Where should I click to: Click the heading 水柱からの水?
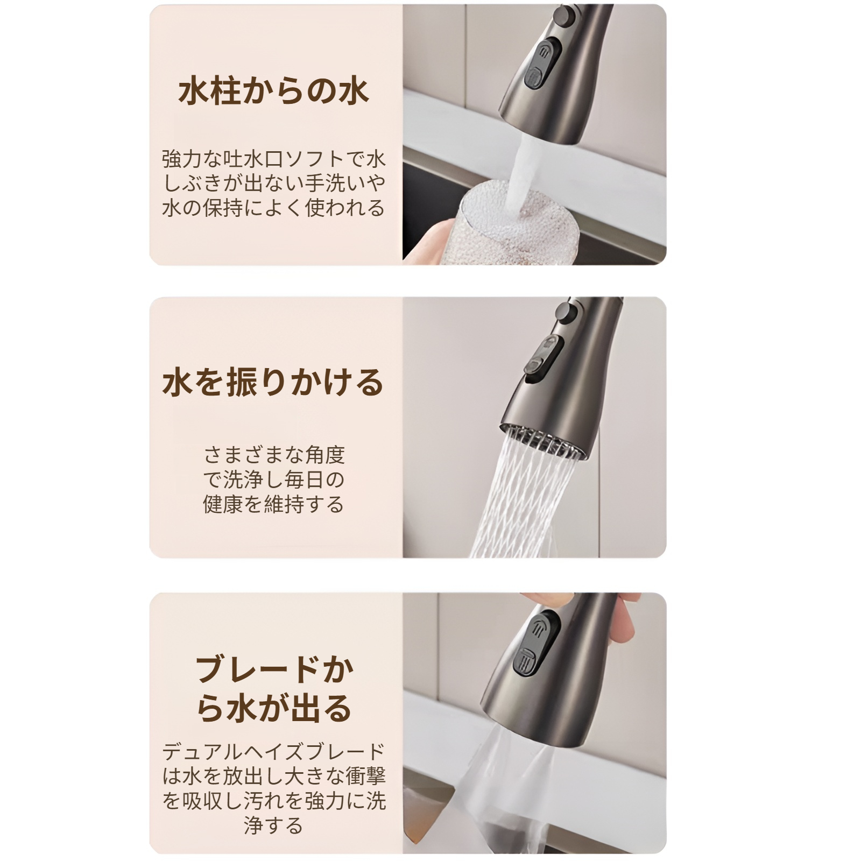pos(273,92)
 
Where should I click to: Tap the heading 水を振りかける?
pos(273,383)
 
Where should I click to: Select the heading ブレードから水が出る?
pos(273,689)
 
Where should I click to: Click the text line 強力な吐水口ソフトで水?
pos(273,159)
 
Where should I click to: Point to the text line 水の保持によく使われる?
pos(273,208)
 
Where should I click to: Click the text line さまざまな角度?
pos(273,455)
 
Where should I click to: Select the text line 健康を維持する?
pos(273,504)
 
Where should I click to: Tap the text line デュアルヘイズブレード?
pos(273,751)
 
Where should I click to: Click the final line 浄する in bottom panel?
pos(273,825)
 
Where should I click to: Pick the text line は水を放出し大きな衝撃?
pos(273,776)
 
